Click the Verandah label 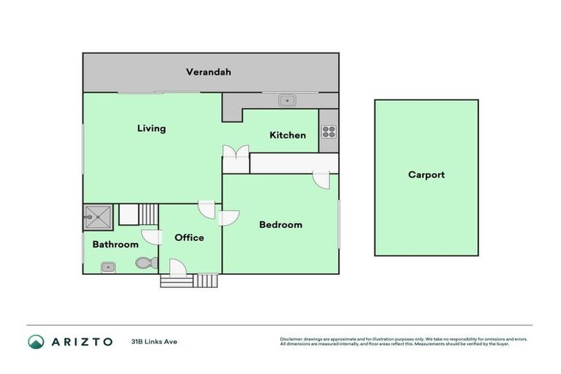click(208, 72)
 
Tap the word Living click(152, 129)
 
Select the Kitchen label click(288, 135)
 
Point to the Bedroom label click(280, 225)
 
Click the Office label click(189, 237)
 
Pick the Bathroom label click(115, 245)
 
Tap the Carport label click(426, 175)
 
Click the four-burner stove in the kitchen click(329, 132)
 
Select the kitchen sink click(287, 100)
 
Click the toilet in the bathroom click(145, 262)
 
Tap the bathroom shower click(96, 216)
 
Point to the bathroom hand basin click(107, 267)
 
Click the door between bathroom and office click(152, 237)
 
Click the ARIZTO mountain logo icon click(37, 341)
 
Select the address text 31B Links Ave click(154, 341)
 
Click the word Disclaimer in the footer click(292, 339)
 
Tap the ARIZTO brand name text click(82, 341)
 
